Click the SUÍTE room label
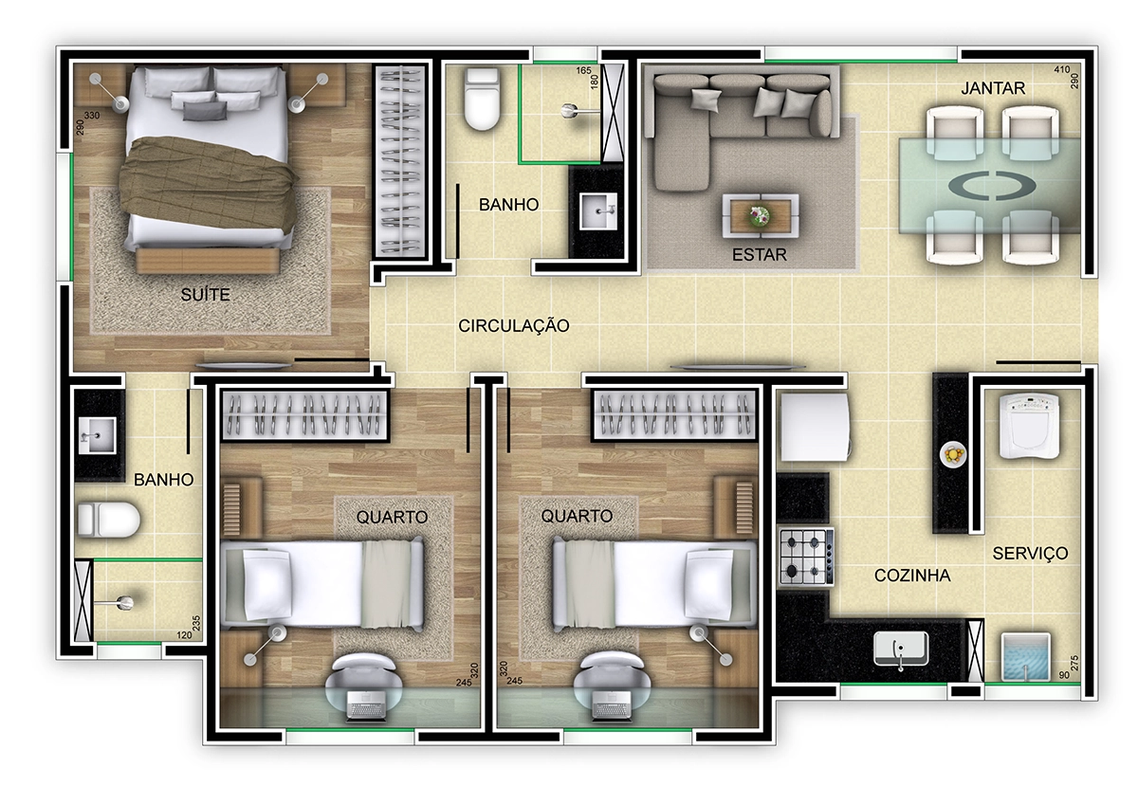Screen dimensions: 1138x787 pyautogui.click(x=205, y=294)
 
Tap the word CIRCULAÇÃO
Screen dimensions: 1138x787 pyautogui.click(x=514, y=325)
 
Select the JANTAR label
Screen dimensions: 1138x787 pyautogui.click(x=993, y=88)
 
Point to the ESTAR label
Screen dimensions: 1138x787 pyautogui.click(x=759, y=254)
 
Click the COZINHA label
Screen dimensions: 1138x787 pyautogui.click(x=912, y=576)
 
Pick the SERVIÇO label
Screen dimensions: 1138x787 pyautogui.click(x=1030, y=553)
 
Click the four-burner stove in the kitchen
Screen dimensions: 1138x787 pyautogui.click(x=806, y=557)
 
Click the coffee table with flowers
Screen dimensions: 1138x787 pyautogui.click(x=761, y=215)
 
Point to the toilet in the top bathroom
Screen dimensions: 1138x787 pyautogui.click(x=482, y=99)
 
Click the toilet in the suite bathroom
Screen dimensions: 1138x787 pyautogui.click(x=108, y=520)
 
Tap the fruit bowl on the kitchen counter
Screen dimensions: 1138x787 pyautogui.click(x=952, y=453)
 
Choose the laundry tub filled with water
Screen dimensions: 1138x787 pyautogui.click(x=1025, y=656)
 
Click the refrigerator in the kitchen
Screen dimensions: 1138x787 pyautogui.click(x=815, y=427)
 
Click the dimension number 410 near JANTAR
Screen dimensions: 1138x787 pyautogui.click(x=1061, y=69)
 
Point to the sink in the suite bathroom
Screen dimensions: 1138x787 pyautogui.click(x=97, y=435)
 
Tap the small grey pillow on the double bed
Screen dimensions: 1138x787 pyautogui.click(x=204, y=111)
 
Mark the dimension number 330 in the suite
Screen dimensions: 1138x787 pyautogui.click(x=91, y=116)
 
